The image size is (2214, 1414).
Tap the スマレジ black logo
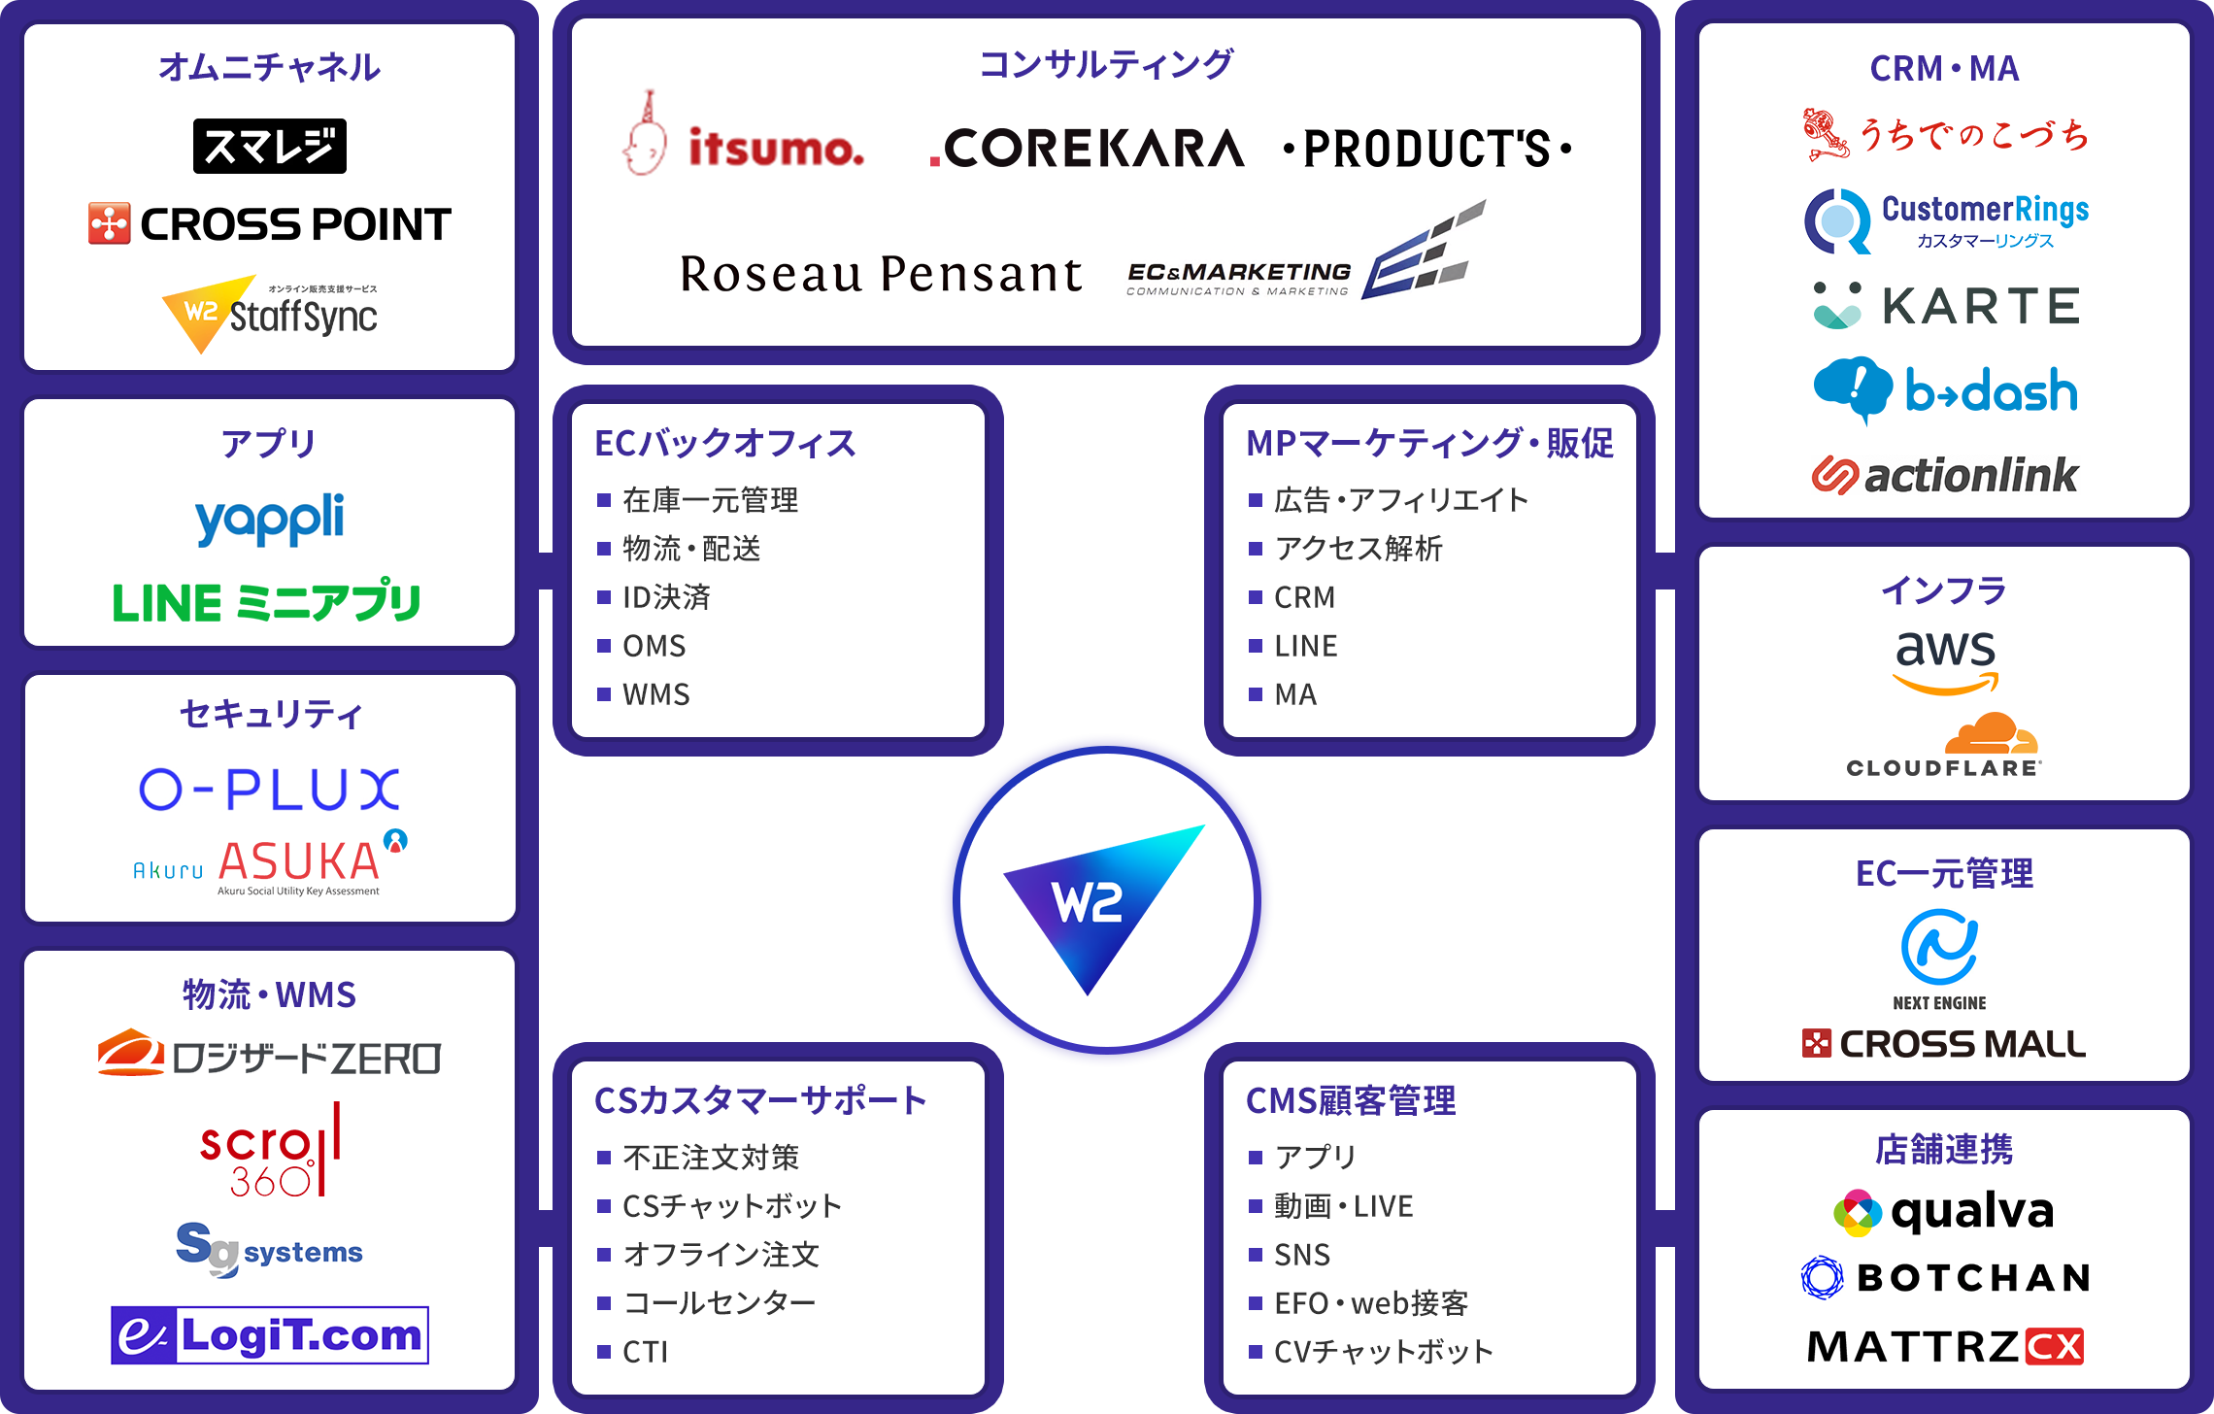pyautogui.click(x=270, y=146)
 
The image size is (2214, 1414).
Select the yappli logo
pyautogui.click(x=269, y=520)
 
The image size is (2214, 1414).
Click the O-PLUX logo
pyautogui.click(x=269, y=789)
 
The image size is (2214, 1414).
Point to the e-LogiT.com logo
pyautogui.click(x=270, y=1335)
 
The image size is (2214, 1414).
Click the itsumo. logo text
pyautogui.click(x=776, y=149)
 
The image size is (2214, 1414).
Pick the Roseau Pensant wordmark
pyautogui.click(x=881, y=274)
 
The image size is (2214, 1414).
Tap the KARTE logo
pyautogui.click(x=1946, y=306)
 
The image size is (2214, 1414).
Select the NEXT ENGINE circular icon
pyautogui.click(x=1939, y=947)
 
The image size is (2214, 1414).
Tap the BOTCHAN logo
pyautogui.click(x=1946, y=1278)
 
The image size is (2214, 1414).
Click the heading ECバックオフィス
pyautogui.click(x=725, y=443)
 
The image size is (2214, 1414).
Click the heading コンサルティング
pyautogui.click(x=1106, y=64)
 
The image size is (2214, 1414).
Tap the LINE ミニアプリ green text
pyautogui.click(x=267, y=602)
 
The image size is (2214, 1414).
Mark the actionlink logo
pyautogui.click(x=1945, y=476)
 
